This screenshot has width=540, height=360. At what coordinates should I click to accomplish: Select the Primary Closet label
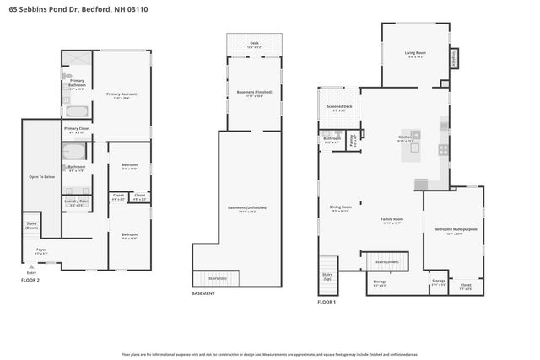click(x=77, y=130)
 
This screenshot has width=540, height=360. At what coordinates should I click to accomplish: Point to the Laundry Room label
click(x=77, y=201)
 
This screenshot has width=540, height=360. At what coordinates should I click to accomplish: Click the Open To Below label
click(x=41, y=177)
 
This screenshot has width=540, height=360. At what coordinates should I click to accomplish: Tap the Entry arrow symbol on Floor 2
click(x=31, y=266)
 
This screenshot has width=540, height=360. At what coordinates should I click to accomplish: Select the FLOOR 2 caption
click(x=30, y=278)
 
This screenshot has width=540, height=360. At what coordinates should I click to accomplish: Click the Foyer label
click(x=40, y=250)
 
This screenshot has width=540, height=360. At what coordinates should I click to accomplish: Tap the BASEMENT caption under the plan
click(x=202, y=293)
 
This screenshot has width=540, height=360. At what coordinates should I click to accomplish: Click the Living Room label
click(x=416, y=55)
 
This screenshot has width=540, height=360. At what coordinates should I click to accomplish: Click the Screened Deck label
click(x=341, y=108)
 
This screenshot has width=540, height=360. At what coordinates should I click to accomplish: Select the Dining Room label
click(x=340, y=208)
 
